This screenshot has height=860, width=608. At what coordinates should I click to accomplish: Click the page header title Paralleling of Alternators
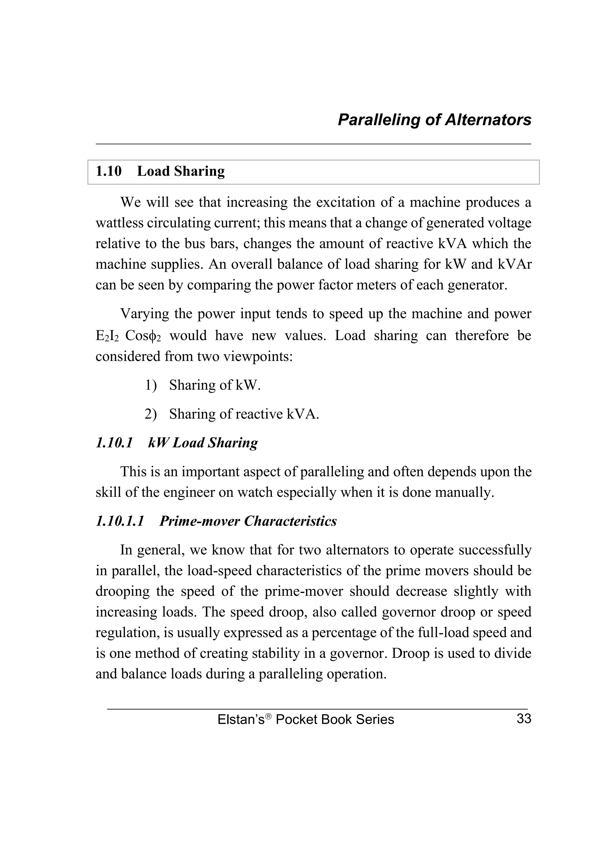[434, 120]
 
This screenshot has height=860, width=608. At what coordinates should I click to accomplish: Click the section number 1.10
[109, 172]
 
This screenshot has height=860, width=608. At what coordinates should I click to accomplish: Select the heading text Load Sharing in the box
[181, 172]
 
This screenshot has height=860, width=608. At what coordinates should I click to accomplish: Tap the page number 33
[523, 719]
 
